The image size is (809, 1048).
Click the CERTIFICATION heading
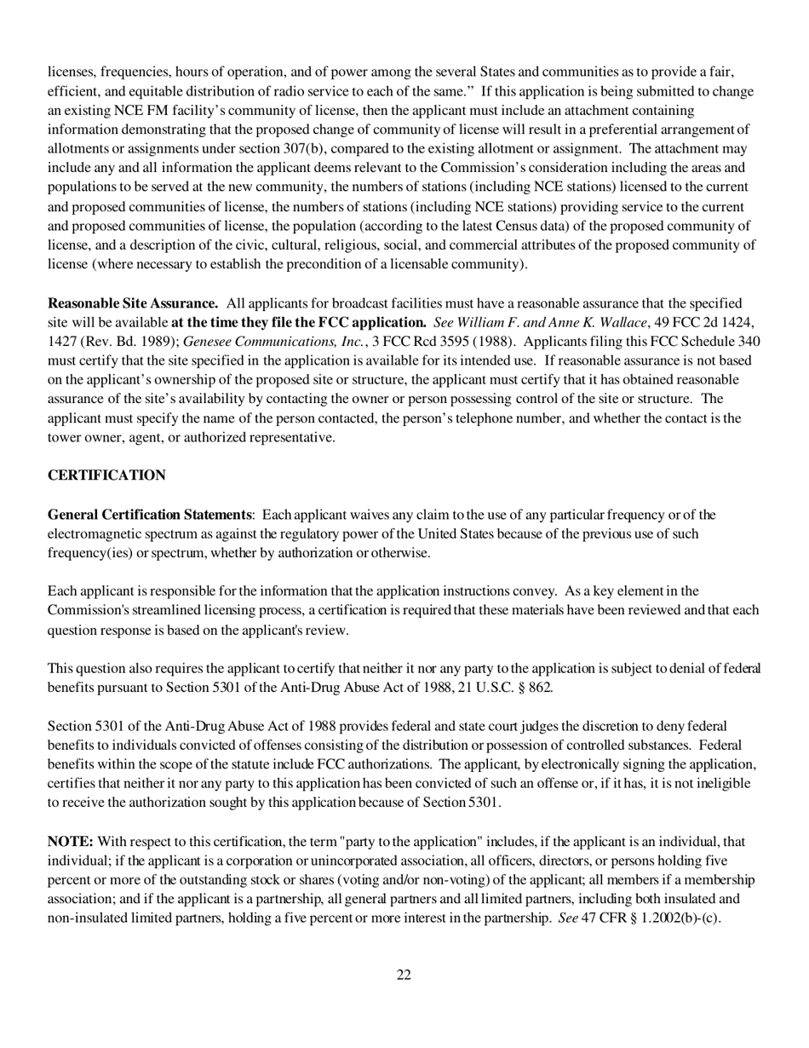coord(106,475)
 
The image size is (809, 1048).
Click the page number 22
coord(404,975)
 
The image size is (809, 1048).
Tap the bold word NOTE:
coord(70,842)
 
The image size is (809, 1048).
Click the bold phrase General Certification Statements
coord(150,515)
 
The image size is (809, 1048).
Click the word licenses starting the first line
coord(72,72)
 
